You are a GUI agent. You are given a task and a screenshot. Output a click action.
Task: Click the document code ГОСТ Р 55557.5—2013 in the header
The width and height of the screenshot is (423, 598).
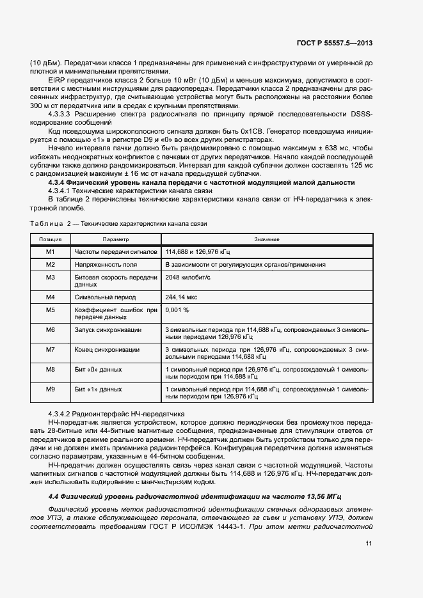335,43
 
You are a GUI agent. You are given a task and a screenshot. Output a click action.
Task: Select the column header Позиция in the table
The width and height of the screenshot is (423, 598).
51,239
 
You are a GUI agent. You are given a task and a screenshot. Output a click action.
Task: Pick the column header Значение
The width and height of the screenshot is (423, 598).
266,239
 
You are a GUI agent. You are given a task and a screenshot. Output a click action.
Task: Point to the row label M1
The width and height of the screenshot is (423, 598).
51,251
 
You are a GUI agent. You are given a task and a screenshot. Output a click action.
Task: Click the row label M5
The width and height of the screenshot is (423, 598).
51,310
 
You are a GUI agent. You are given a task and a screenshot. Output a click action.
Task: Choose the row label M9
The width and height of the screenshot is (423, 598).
51,388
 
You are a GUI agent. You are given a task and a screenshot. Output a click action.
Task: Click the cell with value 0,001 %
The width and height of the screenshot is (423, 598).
177,310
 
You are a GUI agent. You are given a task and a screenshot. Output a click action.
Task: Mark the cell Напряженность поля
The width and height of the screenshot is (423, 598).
105,264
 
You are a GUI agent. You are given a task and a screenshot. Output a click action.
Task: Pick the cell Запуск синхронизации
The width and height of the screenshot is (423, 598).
108,329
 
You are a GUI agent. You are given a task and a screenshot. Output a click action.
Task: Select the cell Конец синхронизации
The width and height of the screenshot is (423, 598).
107,349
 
